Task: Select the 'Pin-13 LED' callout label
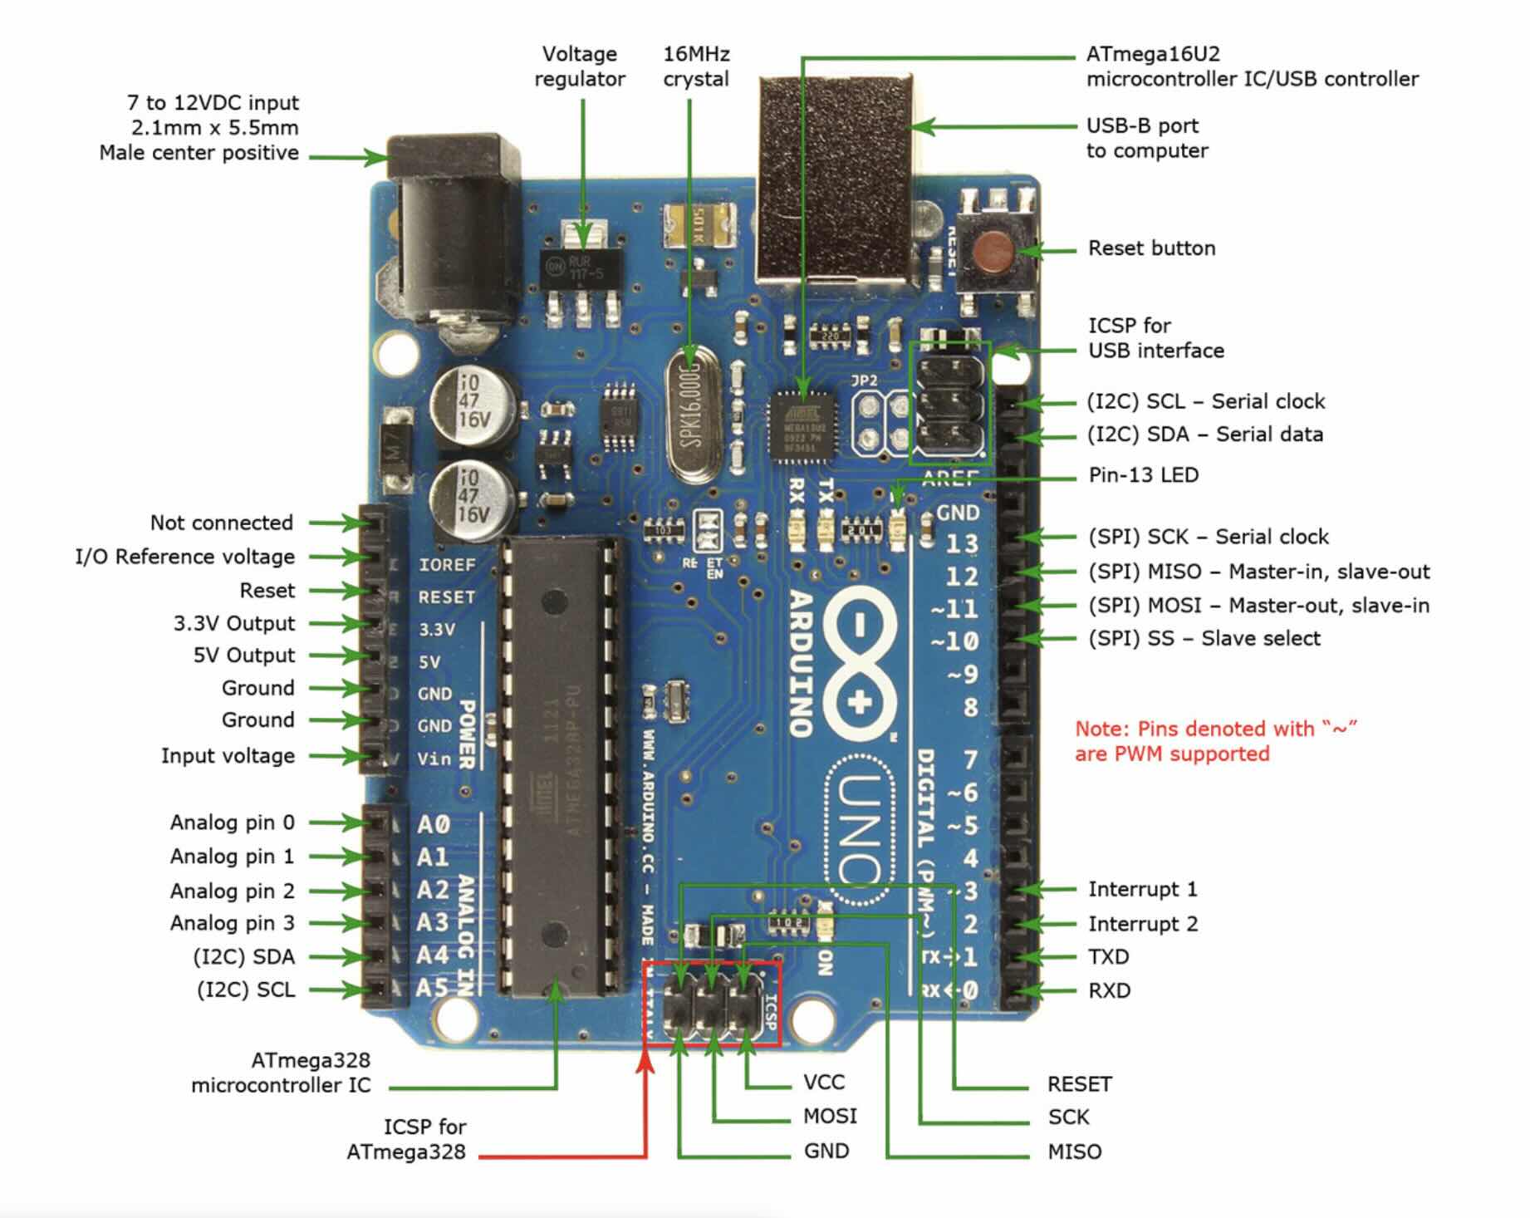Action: click(x=1143, y=475)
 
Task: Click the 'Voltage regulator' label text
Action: click(x=579, y=66)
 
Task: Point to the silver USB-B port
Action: click(x=835, y=179)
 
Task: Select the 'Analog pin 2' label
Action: click(x=232, y=891)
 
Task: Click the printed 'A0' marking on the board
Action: click(x=433, y=824)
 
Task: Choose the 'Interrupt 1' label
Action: click(x=1142, y=889)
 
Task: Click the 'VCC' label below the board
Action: click(x=823, y=1083)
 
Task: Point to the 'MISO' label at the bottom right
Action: click(x=1074, y=1152)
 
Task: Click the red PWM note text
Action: click(x=1214, y=741)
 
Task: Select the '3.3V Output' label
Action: click(x=233, y=623)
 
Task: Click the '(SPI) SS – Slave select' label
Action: click(x=1204, y=638)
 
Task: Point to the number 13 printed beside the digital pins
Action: click(x=962, y=543)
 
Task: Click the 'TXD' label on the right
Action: click(x=1108, y=956)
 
